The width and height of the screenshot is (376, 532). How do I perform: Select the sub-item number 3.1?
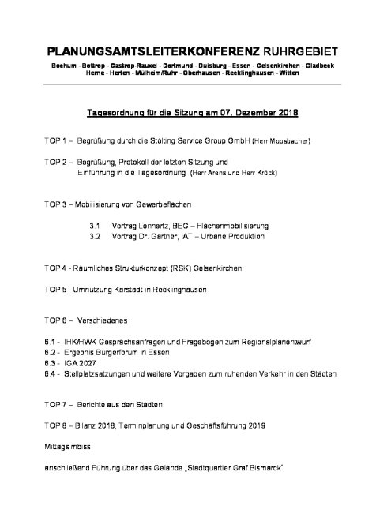94,224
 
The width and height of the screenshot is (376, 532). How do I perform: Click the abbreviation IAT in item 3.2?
183,235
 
